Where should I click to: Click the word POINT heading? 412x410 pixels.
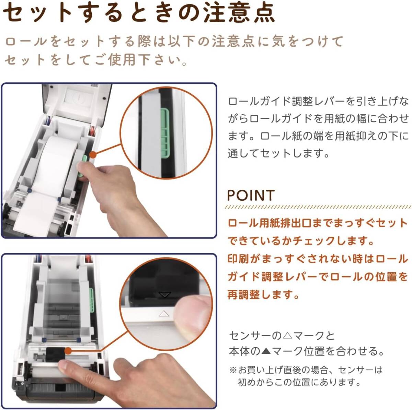(251, 195)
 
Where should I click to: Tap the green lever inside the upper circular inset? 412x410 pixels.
(164, 132)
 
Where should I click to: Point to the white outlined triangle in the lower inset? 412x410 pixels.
(164, 314)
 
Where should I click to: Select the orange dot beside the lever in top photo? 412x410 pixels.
(93, 155)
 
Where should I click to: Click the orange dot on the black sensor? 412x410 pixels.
(68, 351)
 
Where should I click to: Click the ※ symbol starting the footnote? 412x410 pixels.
(233, 370)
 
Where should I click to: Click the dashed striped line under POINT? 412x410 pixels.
(318, 207)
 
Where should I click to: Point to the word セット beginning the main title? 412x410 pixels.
(36, 13)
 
